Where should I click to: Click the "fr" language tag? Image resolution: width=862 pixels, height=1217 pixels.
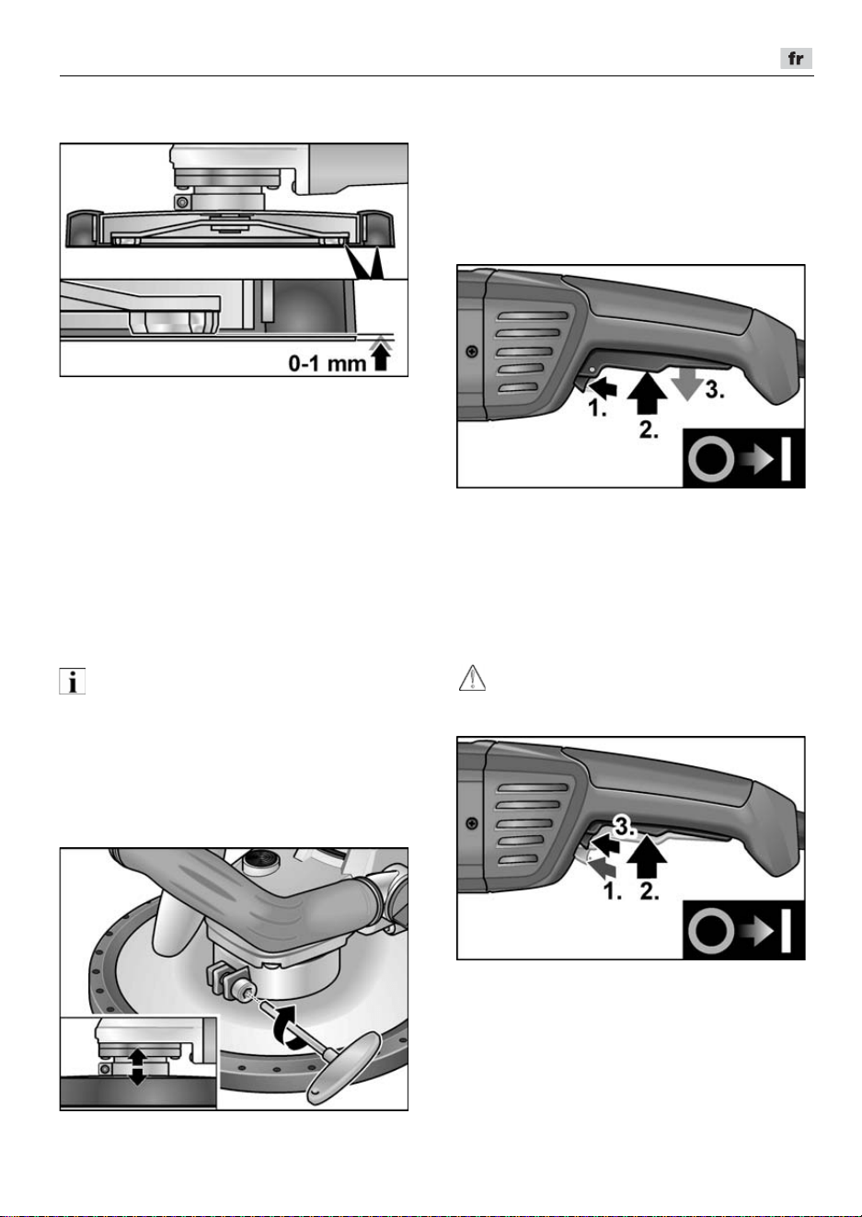coord(797,58)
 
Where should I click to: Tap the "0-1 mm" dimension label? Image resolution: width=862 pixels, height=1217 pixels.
coord(328,363)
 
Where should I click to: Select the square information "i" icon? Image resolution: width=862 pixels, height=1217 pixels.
coord(73,682)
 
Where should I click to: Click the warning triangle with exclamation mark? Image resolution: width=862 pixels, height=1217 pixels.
coord(472,678)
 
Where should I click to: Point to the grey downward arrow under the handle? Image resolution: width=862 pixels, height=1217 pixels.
coord(687,385)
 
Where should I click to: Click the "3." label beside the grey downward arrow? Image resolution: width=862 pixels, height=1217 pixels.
coord(715,389)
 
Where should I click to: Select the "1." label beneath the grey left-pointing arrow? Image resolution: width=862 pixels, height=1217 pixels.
coord(613,891)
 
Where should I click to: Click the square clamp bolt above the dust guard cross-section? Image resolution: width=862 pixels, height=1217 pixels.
coord(183,202)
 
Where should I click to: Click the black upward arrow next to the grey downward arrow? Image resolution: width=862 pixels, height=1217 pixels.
coord(646,394)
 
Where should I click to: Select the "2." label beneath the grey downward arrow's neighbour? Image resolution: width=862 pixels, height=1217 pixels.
coord(649,430)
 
